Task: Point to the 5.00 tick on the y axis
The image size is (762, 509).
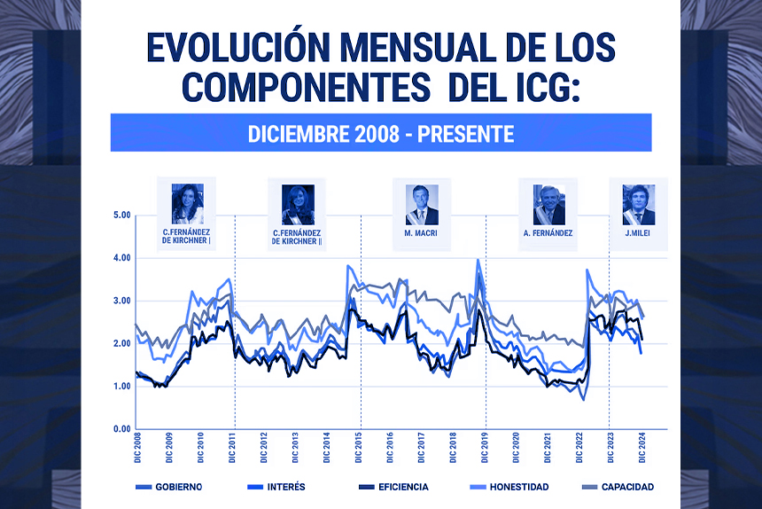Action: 121,215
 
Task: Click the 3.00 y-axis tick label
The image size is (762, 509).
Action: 121,301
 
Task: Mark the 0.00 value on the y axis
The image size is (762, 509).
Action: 121,429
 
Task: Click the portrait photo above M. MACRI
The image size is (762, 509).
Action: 422,205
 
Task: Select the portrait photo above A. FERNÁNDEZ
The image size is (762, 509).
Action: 548,205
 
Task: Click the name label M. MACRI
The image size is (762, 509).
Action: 422,234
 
